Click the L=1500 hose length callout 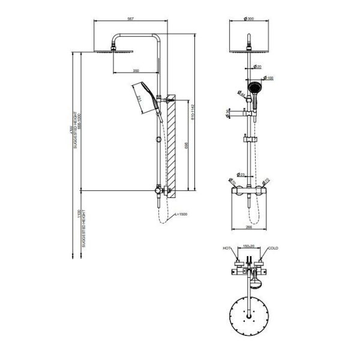tap(181, 214)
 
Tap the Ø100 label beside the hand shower tap(269, 78)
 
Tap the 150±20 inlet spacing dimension tap(250, 246)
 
